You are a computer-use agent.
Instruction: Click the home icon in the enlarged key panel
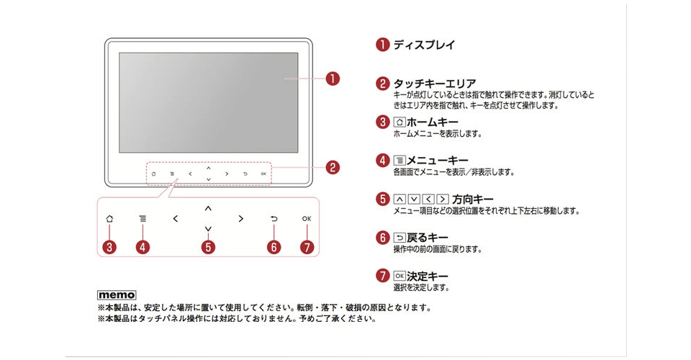coord(109,219)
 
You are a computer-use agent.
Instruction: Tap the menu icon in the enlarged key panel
coord(143,219)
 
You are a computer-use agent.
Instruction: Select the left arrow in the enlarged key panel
coord(176,219)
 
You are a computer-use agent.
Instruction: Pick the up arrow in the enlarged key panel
coord(208,208)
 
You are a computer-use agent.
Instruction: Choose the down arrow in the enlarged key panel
coord(208,229)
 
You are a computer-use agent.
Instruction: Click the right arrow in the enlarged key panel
coord(240,219)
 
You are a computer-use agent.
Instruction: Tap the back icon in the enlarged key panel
coord(274,219)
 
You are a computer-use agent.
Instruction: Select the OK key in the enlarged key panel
coord(307,219)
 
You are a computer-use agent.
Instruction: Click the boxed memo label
coord(117,294)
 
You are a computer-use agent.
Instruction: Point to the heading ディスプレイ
coord(424,45)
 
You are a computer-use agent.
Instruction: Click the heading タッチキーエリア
coord(435,84)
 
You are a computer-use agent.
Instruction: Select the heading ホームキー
coord(433,122)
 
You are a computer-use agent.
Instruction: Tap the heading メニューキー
coord(437,161)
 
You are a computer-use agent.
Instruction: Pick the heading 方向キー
coord(473,199)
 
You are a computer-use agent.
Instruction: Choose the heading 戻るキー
coord(427,238)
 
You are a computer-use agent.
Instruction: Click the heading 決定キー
coord(427,276)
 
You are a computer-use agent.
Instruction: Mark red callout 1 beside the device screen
coord(333,79)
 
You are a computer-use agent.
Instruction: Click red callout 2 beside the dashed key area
coord(333,168)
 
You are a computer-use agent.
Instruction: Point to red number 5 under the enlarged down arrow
coord(208,247)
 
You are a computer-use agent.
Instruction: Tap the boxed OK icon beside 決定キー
coord(399,276)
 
